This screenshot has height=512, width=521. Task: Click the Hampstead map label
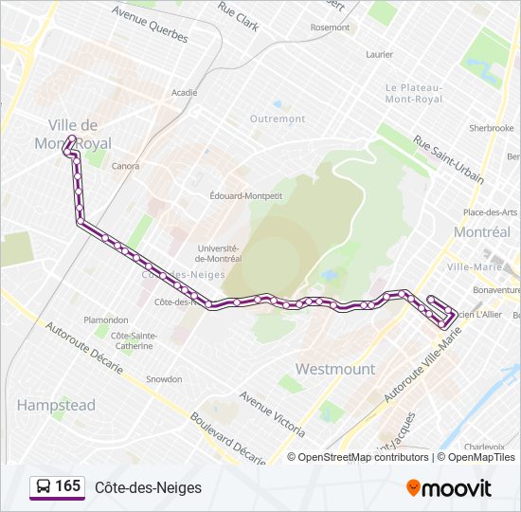click(x=56, y=405)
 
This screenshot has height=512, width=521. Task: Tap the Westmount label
click(x=335, y=368)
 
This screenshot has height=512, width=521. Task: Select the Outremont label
click(x=278, y=119)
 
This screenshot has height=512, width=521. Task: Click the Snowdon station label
click(x=164, y=379)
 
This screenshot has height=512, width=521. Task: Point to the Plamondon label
click(x=106, y=320)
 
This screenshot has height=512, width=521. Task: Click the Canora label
click(x=125, y=166)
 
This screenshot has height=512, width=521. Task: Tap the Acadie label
click(x=184, y=93)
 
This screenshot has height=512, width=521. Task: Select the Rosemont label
click(x=330, y=27)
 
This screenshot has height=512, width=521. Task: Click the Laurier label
click(x=379, y=55)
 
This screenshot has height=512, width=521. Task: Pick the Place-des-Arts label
click(x=490, y=211)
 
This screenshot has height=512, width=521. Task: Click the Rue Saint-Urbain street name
click(x=448, y=158)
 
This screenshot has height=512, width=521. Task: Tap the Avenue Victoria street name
click(x=271, y=408)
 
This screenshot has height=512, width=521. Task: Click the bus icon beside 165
click(x=44, y=487)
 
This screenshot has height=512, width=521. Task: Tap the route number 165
click(x=67, y=486)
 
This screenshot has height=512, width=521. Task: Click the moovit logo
click(x=449, y=488)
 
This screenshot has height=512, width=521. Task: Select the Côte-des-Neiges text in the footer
click(x=148, y=487)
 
